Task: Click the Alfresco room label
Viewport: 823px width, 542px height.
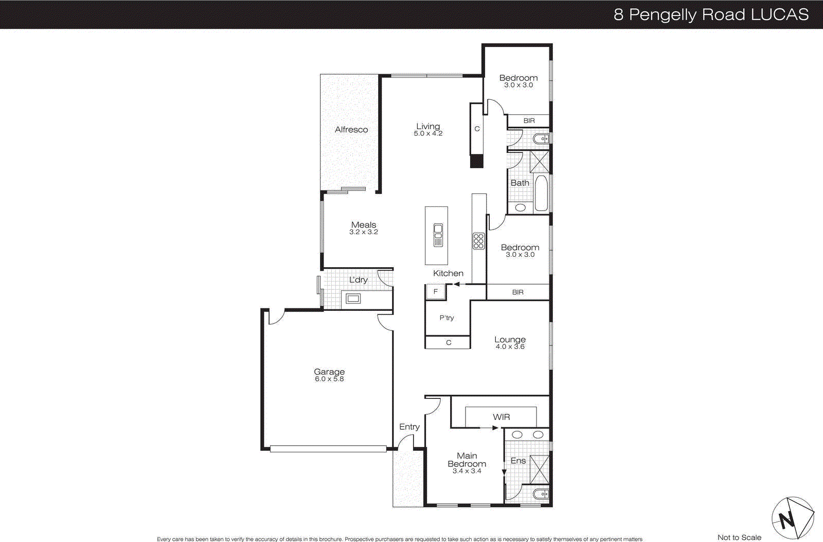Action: pos(351,130)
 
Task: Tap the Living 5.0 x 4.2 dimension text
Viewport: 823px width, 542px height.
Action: pos(428,134)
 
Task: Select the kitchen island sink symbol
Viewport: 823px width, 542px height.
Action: pos(438,235)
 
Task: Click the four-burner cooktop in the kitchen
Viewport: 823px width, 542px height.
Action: pos(478,241)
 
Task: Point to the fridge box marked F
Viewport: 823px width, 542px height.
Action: pos(435,292)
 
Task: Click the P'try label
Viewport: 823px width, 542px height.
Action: pos(446,318)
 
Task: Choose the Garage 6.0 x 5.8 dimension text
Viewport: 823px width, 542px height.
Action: pos(329,379)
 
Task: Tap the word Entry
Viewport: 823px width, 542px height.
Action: pos(409,427)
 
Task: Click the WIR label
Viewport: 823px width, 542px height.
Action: pos(501,417)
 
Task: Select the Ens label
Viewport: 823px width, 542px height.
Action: pos(518,461)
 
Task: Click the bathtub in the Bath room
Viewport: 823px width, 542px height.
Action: pos(541,193)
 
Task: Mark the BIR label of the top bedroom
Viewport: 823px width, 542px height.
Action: pos(529,121)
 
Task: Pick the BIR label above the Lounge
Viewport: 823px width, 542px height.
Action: pos(517,292)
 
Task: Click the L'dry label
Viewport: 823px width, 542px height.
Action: pos(358,280)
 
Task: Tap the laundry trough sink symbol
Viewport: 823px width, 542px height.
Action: pos(353,299)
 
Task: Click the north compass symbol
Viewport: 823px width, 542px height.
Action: pos(792,518)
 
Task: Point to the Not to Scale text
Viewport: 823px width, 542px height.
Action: pos(739,537)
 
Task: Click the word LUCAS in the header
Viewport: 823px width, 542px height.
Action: pos(780,14)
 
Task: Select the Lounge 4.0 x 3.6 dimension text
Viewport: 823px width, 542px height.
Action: pos(510,347)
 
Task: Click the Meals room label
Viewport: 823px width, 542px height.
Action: pos(364,225)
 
